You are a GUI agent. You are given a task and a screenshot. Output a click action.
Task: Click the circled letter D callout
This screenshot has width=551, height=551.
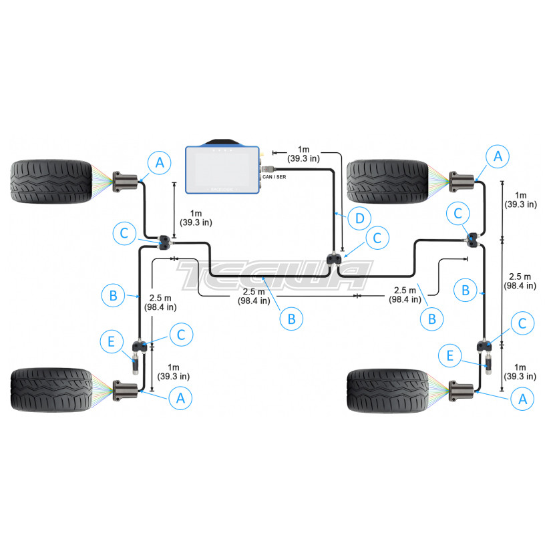point(359,218)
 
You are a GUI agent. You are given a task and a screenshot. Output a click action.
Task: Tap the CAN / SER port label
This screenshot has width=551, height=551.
point(274,177)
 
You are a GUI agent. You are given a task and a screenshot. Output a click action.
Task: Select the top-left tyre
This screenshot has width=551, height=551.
point(51,182)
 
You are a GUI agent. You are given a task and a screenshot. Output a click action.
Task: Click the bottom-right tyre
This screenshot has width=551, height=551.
point(387,391)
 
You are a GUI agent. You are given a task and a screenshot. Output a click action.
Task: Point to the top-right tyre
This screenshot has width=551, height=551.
point(387,182)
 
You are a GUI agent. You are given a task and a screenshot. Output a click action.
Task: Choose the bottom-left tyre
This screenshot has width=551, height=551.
point(51,389)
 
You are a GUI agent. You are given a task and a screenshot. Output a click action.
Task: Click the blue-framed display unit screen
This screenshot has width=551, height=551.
point(222,170)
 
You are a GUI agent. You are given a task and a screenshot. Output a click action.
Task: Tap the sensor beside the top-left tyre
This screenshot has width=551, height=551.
point(125,182)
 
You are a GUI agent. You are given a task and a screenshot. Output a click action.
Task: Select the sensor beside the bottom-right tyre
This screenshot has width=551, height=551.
point(462,391)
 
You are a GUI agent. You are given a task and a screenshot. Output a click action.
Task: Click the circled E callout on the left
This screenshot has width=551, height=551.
point(112,341)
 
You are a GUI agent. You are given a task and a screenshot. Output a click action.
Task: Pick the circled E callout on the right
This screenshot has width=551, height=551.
point(449,356)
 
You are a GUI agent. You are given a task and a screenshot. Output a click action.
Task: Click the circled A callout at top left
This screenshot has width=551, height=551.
point(160,163)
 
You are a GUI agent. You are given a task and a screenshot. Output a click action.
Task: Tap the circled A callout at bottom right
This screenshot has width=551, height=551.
point(522,399)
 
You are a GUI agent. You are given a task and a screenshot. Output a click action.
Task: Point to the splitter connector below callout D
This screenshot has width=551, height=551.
point(334,260)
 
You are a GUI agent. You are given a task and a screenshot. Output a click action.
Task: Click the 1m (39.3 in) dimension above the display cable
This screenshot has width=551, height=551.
point(303,154)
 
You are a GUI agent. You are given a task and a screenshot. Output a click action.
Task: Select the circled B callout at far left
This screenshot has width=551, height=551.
point(113,295)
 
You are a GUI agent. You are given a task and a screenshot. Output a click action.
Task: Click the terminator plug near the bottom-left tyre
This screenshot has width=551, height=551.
point(136,365)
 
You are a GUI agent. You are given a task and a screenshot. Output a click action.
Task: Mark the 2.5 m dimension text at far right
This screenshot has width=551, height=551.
point(520,281)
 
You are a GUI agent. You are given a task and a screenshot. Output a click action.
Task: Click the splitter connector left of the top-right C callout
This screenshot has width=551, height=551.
point(472,240)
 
